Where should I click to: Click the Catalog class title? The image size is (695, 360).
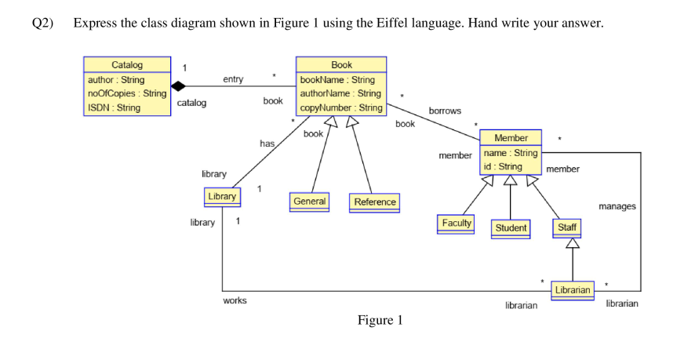point(127,64)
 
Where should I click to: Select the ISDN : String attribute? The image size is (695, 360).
point(114,107)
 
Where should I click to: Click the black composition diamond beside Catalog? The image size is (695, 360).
point(180,85)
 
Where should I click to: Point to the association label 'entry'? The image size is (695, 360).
point(233,79)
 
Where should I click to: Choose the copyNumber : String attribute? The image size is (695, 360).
point(341,107)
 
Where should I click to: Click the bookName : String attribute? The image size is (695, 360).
point(338,79)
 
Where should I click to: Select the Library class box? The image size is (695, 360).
point(222,196)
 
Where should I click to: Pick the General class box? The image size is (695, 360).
point(309,202)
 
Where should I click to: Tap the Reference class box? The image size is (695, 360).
point(375,202)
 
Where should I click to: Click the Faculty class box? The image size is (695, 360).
point(457,224)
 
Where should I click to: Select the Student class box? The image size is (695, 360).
point(511,228)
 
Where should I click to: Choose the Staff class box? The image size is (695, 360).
point(566,227)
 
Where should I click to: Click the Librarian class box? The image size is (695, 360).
point(572,290)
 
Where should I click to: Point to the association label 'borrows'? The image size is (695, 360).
point(445,111)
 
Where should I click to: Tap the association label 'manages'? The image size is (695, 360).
point(617,206)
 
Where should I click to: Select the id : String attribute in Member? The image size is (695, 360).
point(503,166)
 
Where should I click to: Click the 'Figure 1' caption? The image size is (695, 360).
point(380,320)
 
